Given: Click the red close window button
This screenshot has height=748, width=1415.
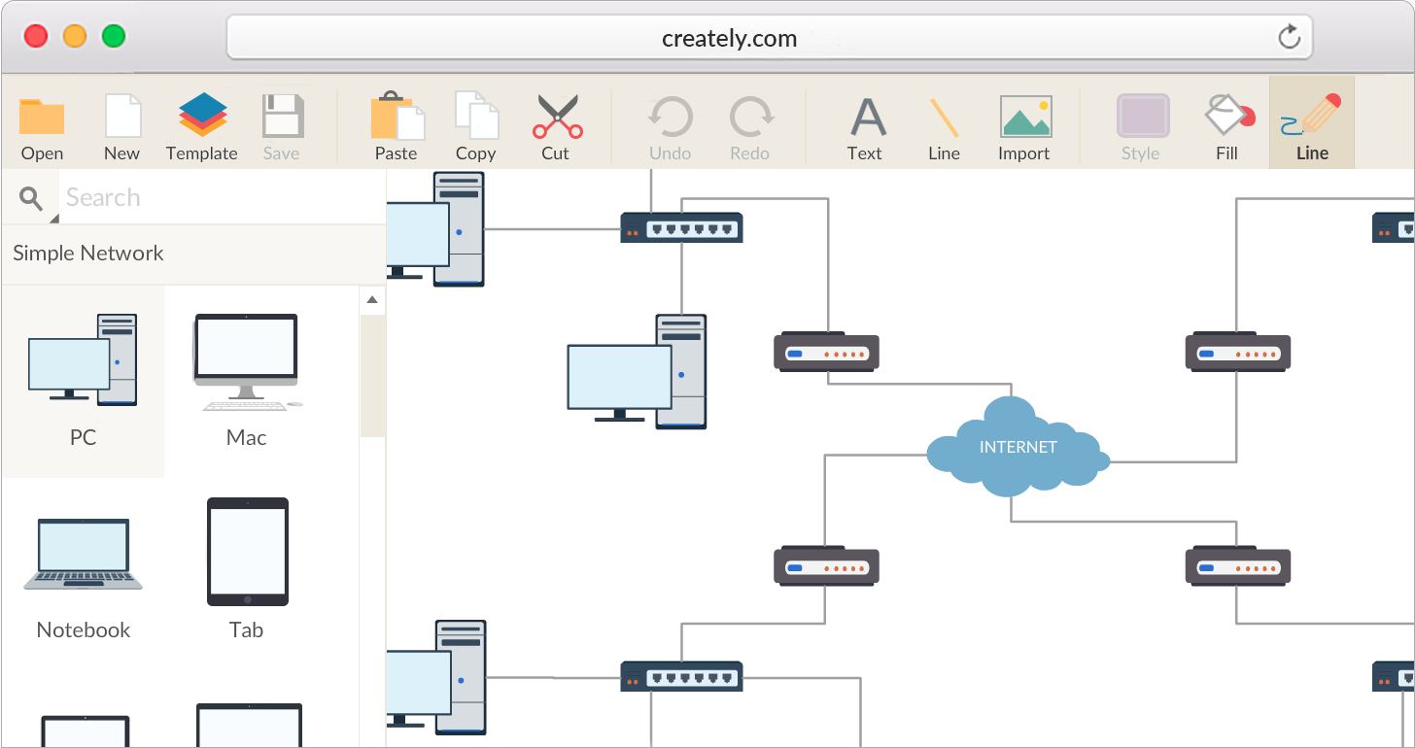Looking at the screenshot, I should click(x=36, y=37).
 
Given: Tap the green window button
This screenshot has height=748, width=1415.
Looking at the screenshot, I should click(x=114, y=37).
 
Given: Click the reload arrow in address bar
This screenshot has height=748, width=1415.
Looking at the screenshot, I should click(x=1289, y=38).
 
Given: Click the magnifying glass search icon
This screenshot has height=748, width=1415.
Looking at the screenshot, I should click(x=31, y=199).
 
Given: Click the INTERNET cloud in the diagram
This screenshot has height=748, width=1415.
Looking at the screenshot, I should click(x=1018, y=448).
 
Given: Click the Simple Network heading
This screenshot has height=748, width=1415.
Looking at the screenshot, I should click(x=88, y=254).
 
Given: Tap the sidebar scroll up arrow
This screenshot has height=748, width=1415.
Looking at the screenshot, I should click(x=372, y=300).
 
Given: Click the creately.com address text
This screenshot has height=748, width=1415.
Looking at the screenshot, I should click(x=729, y=39).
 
